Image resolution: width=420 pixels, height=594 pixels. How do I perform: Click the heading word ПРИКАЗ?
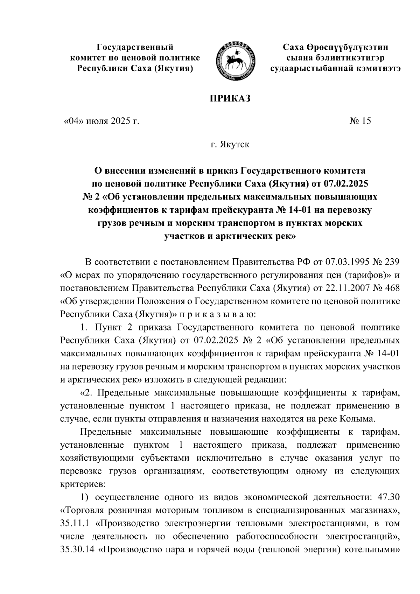[230, 99]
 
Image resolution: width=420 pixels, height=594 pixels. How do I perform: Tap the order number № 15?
[360, 121]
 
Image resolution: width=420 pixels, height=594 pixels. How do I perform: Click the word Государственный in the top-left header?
[135, 47]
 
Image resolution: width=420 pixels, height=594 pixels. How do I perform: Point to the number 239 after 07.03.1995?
[390, 262]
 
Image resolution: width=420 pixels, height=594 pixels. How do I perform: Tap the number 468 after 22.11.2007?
[390, 288]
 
